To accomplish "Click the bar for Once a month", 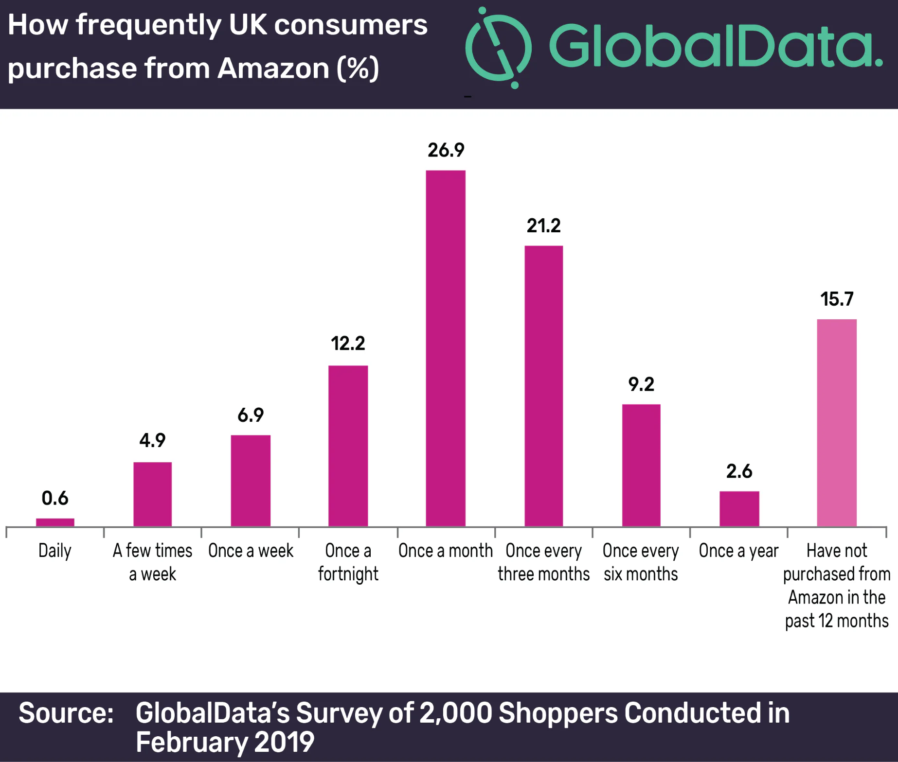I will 446,348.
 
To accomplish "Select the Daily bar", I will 55,522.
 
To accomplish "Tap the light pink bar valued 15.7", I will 837,422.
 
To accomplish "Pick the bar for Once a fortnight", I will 348,446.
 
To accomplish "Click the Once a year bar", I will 739,508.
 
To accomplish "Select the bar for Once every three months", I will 543,386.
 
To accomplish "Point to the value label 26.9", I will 446,150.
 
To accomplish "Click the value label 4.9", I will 152,440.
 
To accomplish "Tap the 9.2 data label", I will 641,384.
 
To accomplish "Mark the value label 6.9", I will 251,415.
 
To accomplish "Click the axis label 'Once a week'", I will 251,551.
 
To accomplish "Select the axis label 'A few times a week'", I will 152,562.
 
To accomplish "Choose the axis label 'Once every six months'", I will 641,562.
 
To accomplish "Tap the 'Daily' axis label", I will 55,551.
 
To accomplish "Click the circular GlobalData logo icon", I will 499,48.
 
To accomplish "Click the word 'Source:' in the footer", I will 66,713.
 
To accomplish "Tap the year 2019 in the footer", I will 284,742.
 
